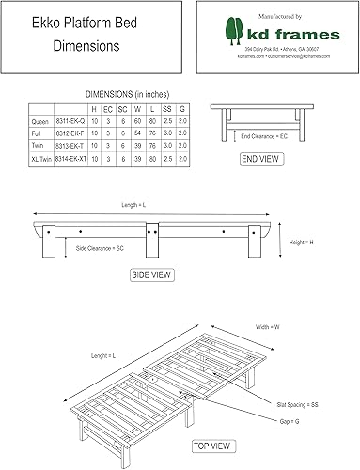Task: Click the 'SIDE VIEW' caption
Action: tap(149, 274)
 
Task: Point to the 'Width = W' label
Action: tap(270, 326)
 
